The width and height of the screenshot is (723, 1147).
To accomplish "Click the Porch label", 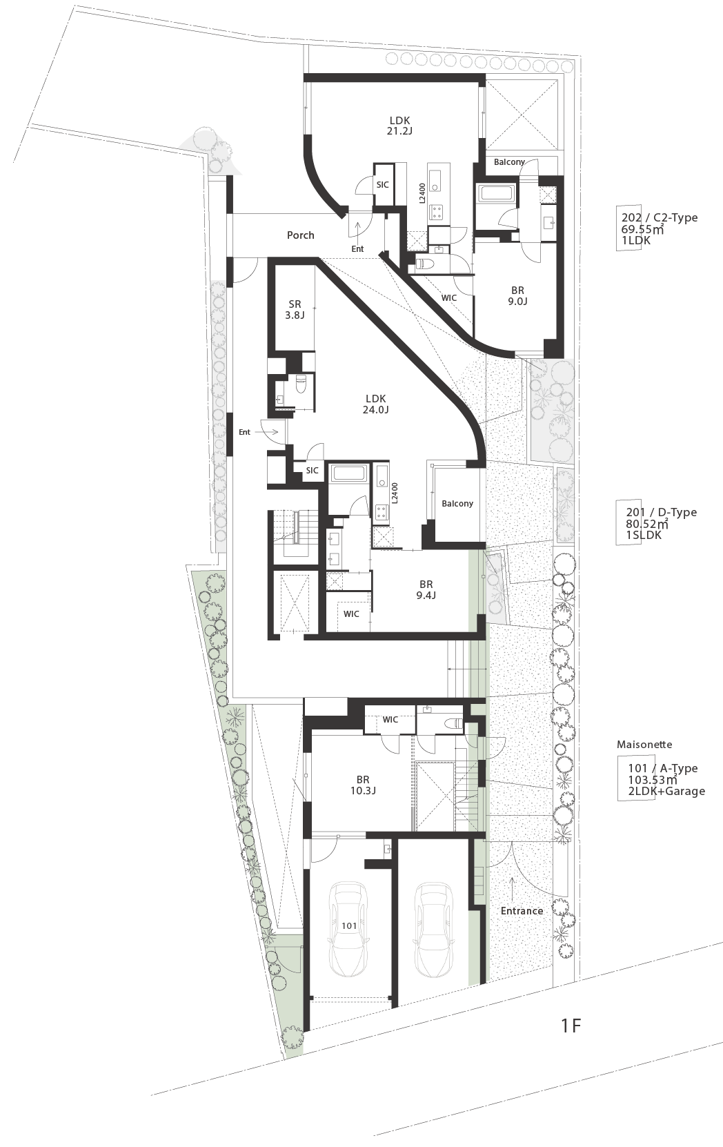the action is (x=300, y=235).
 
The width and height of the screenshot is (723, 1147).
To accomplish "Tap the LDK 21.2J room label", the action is (x=400, y=126).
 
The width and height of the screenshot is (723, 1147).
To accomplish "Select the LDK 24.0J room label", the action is (x=376, y=404).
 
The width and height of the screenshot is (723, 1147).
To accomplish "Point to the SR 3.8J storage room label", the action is (x=295, y=310).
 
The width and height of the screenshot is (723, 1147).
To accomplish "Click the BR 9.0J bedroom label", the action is (x=517, y=296).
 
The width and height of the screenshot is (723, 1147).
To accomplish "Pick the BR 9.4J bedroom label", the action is (x=426, y=589).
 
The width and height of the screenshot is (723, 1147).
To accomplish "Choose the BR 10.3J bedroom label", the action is (x=363, y=785).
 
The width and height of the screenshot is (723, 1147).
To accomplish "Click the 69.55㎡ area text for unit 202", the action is (x=642, y=229).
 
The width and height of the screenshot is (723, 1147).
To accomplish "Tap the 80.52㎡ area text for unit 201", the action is (x=647, y=523).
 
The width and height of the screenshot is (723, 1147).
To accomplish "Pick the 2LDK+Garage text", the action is (x=666, y=791).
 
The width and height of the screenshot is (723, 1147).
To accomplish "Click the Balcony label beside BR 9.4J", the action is (x=457, y=503).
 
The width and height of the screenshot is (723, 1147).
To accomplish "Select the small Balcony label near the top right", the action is (x=509, y=161).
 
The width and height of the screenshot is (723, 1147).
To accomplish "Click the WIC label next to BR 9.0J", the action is (x=449, y=297).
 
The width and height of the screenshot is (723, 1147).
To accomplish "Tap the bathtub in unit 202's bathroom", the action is (x=495, y=194).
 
